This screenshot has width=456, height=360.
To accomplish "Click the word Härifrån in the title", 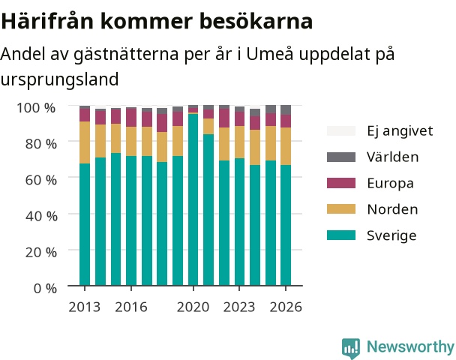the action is (x=48, y=21).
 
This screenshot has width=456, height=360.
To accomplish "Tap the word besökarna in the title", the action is (x=256, y=21).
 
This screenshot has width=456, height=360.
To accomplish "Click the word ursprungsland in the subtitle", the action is (x=59, y=79).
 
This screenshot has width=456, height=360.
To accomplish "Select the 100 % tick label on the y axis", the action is (x=36, y=107).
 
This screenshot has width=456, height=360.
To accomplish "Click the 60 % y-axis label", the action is (x=41, y=180).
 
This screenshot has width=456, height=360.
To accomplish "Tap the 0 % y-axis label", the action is (x=45, y=289).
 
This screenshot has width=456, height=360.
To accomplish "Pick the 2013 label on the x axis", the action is (x=84, y=307).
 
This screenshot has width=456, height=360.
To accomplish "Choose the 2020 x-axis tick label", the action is (x=193, y=307).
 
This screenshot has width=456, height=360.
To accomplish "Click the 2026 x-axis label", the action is (x=286, y=307).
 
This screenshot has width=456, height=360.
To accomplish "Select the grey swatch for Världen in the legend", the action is (x=341, y=157).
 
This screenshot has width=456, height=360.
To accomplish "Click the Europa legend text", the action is (x=390, y=183).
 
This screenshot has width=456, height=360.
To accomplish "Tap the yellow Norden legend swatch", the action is (x=341, y=209).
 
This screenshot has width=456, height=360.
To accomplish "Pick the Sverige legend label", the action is (x=391, y=235).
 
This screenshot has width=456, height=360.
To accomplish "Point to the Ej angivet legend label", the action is (x=400, y=130).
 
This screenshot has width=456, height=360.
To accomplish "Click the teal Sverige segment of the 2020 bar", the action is (x=193, y=199).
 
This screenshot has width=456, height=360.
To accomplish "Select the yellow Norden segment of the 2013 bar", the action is (x=85, y=142).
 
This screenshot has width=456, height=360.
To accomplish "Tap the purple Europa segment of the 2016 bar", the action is (x=131, y=118).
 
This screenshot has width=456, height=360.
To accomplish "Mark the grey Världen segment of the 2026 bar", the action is (x=286, y=110).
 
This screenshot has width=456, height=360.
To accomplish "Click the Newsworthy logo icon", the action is (x=351, y=348).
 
